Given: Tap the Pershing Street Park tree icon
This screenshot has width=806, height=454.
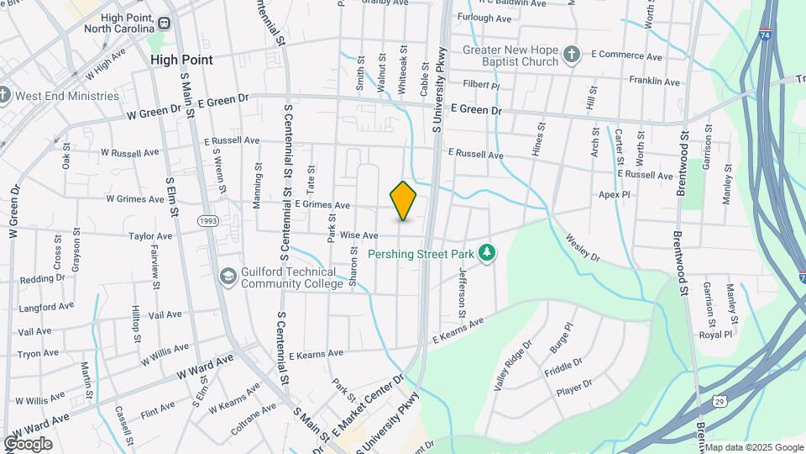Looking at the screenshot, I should [486, 252].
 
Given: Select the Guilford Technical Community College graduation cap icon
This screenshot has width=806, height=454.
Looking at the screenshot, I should [228, 277].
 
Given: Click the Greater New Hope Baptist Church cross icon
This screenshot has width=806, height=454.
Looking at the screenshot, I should [572, 55].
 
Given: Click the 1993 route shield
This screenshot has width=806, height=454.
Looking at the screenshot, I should [208, 220].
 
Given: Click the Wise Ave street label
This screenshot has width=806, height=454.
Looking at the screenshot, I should [359, 235].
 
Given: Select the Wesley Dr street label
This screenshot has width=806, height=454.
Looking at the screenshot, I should [583, 248].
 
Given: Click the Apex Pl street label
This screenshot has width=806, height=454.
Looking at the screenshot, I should [614, 194].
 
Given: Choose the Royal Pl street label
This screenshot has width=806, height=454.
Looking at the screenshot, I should [715, 335].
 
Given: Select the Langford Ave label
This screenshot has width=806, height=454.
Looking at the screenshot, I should [41, 308].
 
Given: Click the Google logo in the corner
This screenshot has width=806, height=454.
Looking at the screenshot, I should [28, 444].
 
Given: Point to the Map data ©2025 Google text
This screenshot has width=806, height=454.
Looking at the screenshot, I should [753, 447].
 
